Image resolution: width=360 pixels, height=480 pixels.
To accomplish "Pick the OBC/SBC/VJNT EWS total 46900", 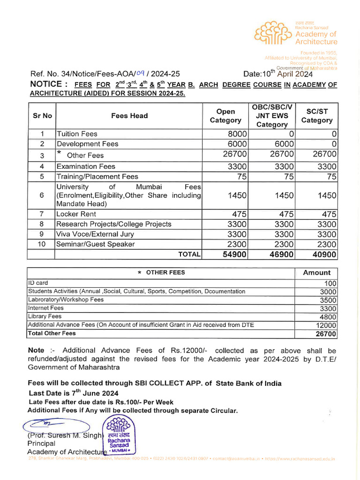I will pos(278,255).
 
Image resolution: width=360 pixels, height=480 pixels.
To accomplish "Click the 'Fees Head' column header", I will pos(129,116).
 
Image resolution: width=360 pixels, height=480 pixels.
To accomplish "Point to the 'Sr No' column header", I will pos(42,116).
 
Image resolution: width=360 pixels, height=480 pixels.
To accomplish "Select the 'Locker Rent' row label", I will pos(76,214).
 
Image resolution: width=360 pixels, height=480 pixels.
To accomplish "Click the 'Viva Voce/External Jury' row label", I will pos(95,234).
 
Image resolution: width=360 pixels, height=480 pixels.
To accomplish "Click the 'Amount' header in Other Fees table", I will pos(317,273).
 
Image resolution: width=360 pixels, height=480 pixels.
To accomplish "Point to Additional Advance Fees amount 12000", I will pos(325,325).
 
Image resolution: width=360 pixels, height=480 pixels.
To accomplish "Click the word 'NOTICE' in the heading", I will pos(45,84).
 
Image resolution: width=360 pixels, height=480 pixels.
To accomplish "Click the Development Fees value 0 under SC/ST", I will pos(334,144).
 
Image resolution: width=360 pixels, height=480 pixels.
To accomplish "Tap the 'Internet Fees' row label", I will pos(46,308).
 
